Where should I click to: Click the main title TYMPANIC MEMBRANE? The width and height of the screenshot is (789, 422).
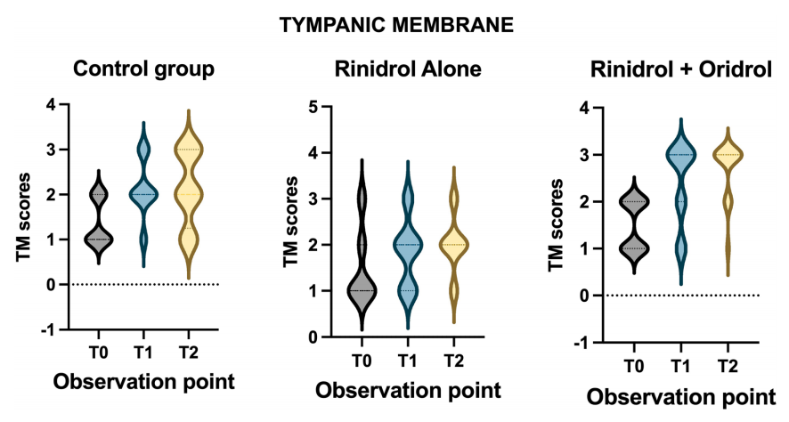point(396,25)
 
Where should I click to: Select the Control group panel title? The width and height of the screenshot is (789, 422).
point(144,69)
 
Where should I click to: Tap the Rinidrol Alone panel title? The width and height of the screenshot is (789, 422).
point(408,69)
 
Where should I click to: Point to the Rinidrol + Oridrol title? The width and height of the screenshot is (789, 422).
point(681,69)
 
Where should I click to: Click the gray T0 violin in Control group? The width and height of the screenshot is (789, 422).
point(99,217)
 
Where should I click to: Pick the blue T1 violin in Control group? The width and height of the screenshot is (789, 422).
point(143,194)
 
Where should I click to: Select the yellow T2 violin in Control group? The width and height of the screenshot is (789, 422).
point(188,194)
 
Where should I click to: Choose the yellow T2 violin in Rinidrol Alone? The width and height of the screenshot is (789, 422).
point(454,245)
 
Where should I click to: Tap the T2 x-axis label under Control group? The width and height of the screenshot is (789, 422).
point(189,353)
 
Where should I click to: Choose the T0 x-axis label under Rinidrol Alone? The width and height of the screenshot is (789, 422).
point(362,361)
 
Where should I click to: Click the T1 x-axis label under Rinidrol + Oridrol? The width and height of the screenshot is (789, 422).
point(681,366)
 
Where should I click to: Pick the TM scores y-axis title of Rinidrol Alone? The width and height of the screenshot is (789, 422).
point(291,222)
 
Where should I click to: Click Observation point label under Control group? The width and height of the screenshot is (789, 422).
point(144,382)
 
